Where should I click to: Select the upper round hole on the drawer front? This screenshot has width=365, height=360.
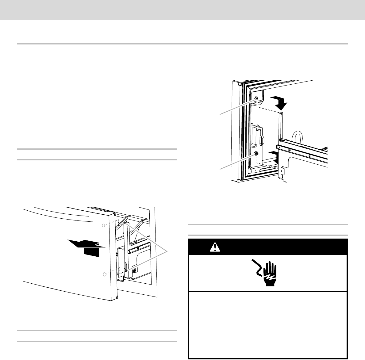coord(104,225)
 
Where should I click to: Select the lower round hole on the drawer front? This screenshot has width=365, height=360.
coord(105,274)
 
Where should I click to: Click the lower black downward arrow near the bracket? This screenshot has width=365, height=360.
coord(275,156)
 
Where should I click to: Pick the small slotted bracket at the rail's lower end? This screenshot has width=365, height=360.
coord(282,172)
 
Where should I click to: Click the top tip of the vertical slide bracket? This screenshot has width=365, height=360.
coord(281,113)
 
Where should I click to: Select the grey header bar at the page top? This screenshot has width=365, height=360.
coord(182,10)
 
